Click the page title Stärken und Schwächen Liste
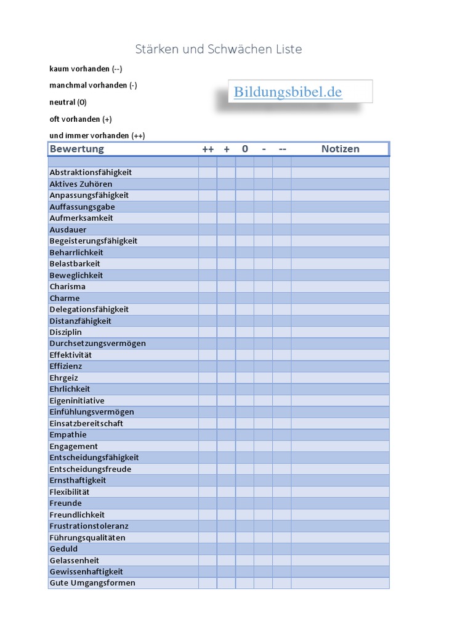click(x=219, y=49)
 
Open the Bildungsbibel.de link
click(x=288, y=92)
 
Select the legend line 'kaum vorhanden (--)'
click(x=86, y=69)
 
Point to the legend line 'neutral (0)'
click(x=68, y=102)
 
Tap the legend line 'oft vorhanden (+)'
click(x=81, y=119)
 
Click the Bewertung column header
click(x=77, y=149)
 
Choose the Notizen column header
click(x=340, y=149)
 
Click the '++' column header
click(x=208, y=149)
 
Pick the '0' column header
click(x=245, y=149)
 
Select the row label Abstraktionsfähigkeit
click(x=91, y=172)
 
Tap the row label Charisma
click(x=68, y=287)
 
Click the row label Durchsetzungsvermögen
click(x=97, y=343)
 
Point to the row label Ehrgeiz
click(x=64, y=378)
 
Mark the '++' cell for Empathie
click(x=208, y=435)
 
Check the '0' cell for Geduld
click(x=245, y=549)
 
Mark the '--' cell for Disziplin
click(x=281, y=332)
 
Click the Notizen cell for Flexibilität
click(x=340, y=492)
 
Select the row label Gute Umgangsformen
click(x=92, y=583)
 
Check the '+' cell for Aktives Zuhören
click(x=226, y=184)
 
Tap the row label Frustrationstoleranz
click(x=89, y=526)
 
